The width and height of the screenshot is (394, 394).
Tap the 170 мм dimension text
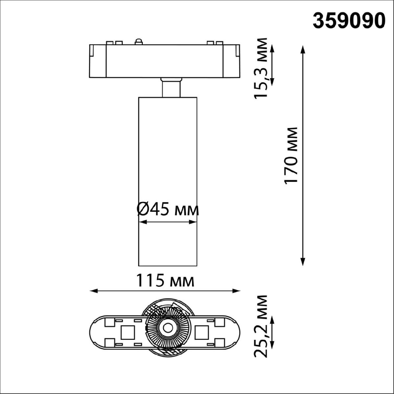coord(292,155)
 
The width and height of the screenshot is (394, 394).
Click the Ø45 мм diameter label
coord(168,209)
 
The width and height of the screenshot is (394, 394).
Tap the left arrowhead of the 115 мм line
coord(94,291)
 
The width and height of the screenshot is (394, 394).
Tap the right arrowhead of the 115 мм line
coord(237,291)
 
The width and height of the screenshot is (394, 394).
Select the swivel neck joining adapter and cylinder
coord(170,87)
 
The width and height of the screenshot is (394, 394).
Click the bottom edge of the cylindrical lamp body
coord(168,265)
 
